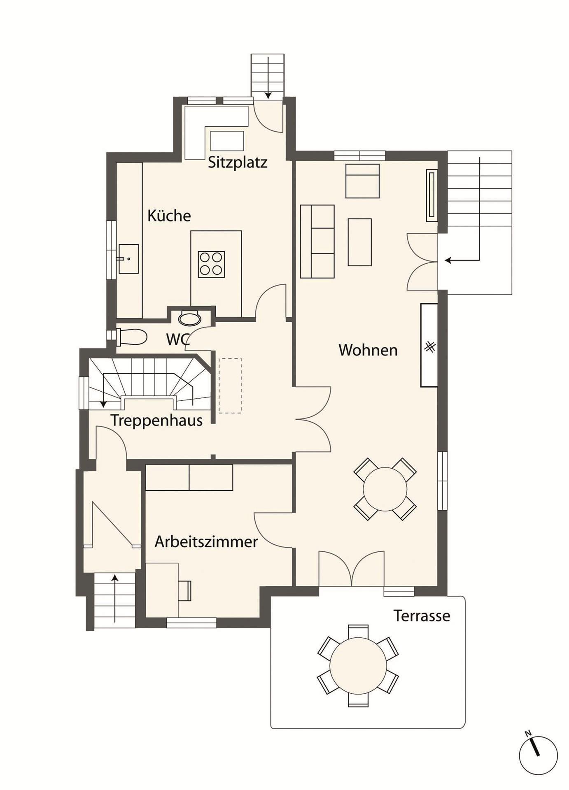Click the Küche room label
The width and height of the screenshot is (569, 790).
point(169,216)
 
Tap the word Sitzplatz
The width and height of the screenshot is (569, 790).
point(238,163)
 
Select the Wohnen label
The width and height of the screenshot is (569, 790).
point(368,350)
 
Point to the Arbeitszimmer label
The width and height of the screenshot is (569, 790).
point(206,541)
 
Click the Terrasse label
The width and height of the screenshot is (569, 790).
point(422,616)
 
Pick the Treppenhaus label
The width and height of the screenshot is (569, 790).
point(156,421)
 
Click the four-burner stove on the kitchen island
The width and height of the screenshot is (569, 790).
point(212,264)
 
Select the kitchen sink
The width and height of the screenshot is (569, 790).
point(129,259)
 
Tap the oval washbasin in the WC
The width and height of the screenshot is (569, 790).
point(190,318)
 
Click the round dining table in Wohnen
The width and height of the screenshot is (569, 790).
point(385,489)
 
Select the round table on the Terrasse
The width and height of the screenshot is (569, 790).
point(358,665)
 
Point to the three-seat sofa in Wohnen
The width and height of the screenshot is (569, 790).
point(317,242)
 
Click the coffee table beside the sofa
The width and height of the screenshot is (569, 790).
point(360,242)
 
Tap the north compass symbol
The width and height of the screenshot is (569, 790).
point(538,755)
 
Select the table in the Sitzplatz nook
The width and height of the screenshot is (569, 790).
point(227,141)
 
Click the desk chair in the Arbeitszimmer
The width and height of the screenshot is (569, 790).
point(185,591)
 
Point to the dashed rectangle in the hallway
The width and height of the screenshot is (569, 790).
point(230,386)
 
